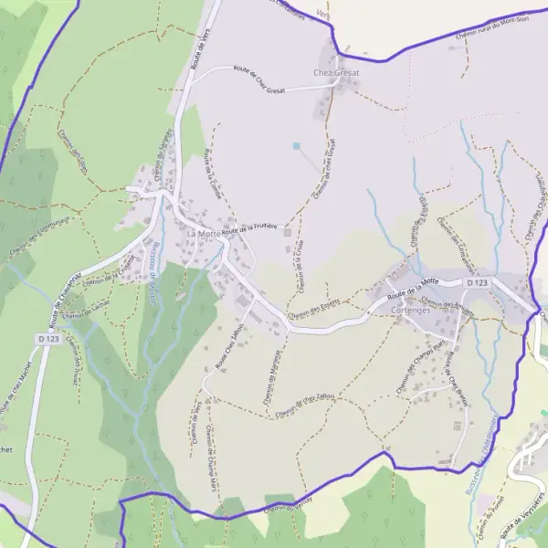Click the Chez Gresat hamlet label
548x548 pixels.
[336, 72]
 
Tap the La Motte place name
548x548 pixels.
[203, 234]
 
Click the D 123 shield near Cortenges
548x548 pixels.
[477, 284]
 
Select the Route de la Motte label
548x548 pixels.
[413, 290]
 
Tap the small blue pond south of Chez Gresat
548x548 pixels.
[296, 145]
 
